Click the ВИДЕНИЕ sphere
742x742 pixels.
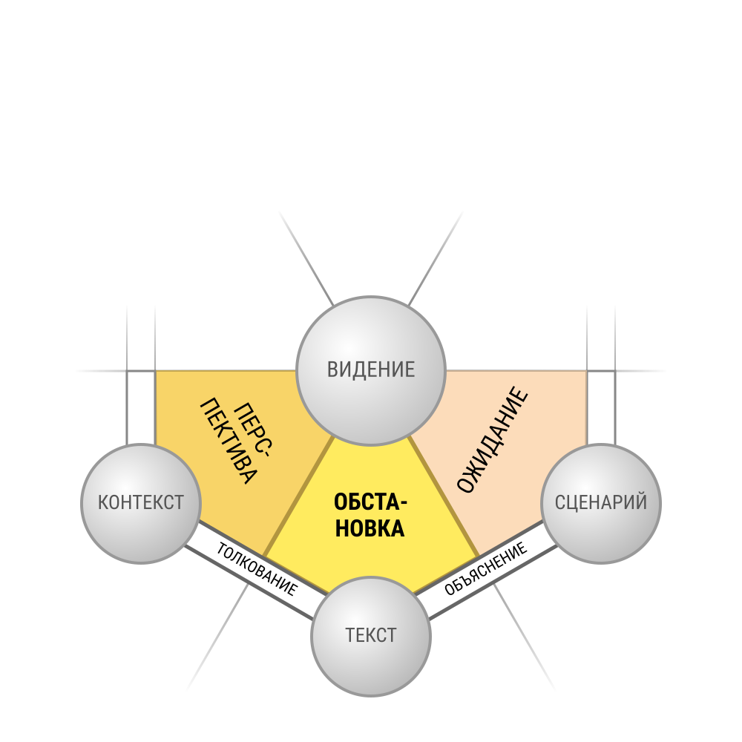(x=371, y=371)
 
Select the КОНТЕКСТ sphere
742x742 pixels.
(x=141, y=504)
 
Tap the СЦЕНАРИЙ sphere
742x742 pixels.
(x=601, y=504)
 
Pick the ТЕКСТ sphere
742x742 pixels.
(x=371, y=637)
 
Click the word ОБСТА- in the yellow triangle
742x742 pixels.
(x=370, y=502)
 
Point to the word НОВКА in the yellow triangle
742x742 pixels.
(x=370, y=528)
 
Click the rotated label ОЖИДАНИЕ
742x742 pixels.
(x=493, y=439)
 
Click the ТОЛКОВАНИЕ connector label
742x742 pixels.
(x=257, y=569)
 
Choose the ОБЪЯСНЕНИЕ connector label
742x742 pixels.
(x=485, y=568)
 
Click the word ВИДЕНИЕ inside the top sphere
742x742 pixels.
(x=371, y=370)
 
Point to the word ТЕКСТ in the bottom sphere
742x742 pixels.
(x=371, y=636)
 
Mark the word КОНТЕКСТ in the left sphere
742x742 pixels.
(x=141, y=502)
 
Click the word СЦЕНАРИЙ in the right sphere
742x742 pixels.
(x=601, y=502)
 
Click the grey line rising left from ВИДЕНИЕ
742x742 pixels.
(x=306, y=258)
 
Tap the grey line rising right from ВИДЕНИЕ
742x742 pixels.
(x=436, y=258)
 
